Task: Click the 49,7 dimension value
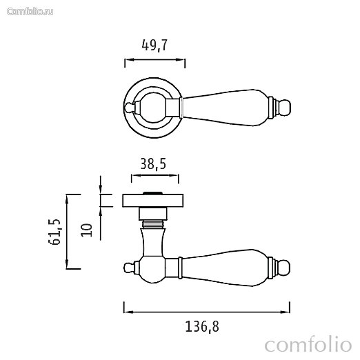pos(154,46)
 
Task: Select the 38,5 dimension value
pos(153,164)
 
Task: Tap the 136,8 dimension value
pos(202,326)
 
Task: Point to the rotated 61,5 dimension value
pos(54,232)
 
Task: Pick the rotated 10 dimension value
pos(87,230)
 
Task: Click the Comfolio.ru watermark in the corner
pos(30,12)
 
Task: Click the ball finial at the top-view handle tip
pos(286,108)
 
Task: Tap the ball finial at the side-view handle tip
pos(285,268)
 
